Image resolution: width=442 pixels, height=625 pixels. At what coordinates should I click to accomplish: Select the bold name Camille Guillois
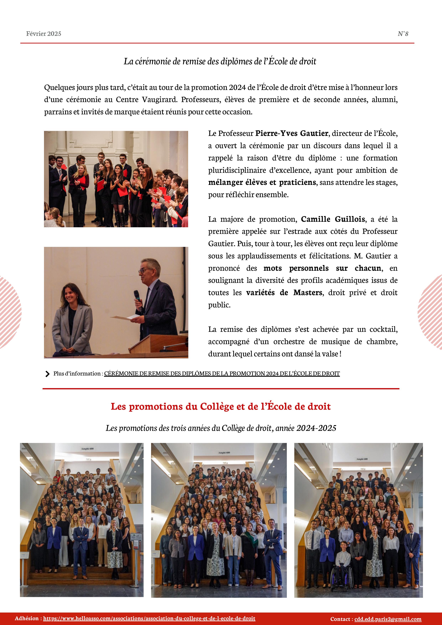coord(333,219)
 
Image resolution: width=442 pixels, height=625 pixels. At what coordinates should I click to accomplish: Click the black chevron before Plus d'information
coord(47,374)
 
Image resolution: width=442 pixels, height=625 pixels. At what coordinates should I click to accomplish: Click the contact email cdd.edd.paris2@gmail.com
coord(388,619)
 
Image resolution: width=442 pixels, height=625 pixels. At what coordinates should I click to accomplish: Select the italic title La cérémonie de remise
coord(220,61)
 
